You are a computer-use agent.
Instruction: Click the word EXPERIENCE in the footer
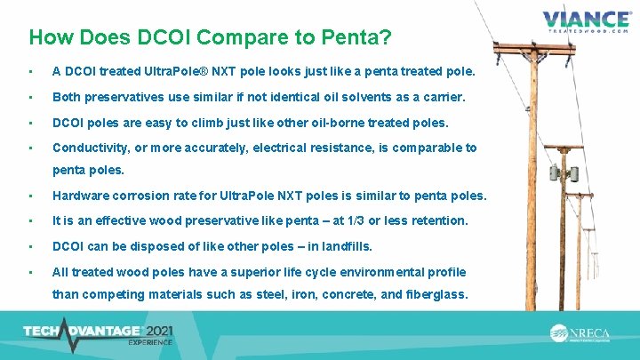[150, 342]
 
